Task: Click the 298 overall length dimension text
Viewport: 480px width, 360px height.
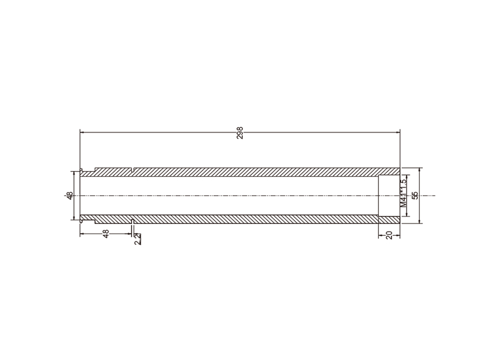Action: pyautogui.click(x=240, y=133)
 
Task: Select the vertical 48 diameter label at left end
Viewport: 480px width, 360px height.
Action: pyautogui.click(x=70, y=196)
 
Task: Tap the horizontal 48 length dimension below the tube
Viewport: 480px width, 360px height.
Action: pyautogui.click(x=106, y=234)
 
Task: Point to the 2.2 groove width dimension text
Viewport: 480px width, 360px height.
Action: pyautogui.click(x=138, y=239)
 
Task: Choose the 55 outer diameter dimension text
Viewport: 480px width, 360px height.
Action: pyautogui.click(x=415, y=196)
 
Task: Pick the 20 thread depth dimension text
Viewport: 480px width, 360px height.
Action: pyautogui.click(x=390, y=235)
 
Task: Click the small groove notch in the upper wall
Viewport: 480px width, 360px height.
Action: pyautogui.click(x=132, y=169)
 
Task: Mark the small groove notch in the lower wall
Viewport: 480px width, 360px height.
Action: pyautogui.click(x=132, y=221)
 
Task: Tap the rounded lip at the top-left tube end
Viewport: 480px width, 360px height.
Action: pyautogui.click(x=81, y=170)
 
